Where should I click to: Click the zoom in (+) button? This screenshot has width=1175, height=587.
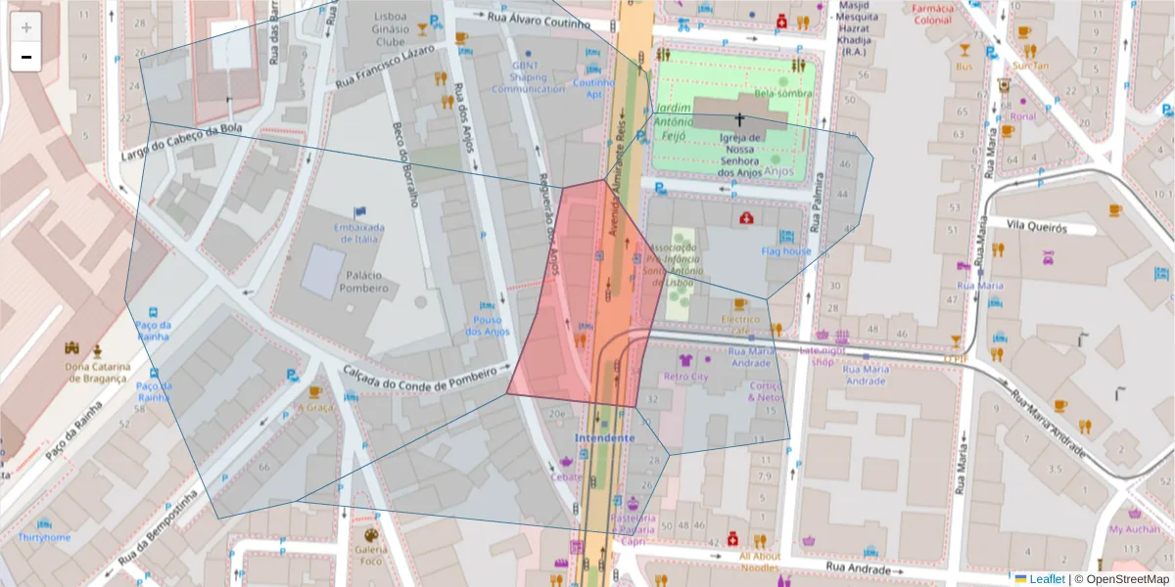26,27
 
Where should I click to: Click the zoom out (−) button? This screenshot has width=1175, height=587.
26,57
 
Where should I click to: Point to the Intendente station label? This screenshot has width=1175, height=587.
605,437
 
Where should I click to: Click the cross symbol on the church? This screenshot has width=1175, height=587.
739,117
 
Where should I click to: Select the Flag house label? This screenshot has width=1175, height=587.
786,251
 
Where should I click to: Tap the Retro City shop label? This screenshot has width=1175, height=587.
686,376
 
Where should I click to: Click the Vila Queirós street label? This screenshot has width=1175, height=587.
1056,227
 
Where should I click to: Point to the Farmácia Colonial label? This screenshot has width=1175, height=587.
931,14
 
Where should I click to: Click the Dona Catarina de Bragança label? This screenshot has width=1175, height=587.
96,373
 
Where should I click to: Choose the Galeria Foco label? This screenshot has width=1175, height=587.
370,555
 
